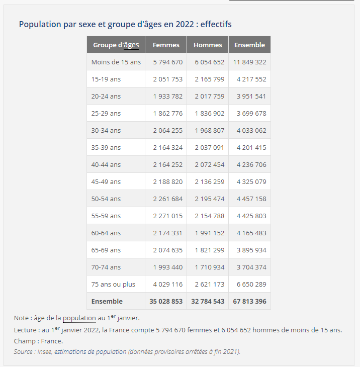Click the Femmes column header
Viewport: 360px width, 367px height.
pos(166,45)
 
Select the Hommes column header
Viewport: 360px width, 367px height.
pos(208,45)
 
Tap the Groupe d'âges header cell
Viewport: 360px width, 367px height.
pos(116,45)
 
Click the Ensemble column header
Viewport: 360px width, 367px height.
pos(249,45)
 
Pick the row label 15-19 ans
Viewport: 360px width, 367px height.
pos(106,79)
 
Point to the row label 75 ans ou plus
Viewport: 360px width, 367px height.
pos(113,284)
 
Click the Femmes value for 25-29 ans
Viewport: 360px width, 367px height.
pos(168,113)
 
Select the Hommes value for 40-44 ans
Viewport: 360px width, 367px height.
pos(210,164)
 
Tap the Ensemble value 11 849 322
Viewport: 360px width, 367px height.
pos(249,62)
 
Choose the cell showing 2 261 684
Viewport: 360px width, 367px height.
pos(168,199)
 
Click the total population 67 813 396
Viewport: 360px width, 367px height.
pos(249,301)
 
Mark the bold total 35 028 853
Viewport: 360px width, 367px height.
pos(166,301)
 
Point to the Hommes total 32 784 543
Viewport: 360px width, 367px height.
pos(208,301)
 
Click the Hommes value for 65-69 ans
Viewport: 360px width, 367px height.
pos(210,250)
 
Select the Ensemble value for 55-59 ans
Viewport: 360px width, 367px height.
pos(251,216)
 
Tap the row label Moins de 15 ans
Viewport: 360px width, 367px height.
pos(116,62)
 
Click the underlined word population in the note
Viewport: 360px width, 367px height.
pos(79,318)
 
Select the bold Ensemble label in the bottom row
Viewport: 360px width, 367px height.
pos(107,301)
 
